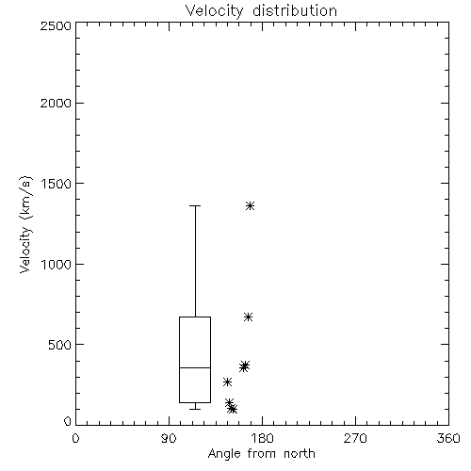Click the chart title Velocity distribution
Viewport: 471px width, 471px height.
261,10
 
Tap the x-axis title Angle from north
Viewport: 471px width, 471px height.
261,454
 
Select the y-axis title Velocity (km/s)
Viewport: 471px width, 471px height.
25,225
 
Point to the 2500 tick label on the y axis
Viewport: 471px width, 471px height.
56,25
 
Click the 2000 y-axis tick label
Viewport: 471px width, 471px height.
56,103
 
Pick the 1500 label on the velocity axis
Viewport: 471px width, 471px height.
57,184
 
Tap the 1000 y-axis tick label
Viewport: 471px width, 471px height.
57,265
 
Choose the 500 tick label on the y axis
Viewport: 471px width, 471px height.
60,345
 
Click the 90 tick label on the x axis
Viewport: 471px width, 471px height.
169,438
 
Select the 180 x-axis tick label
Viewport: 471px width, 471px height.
262,438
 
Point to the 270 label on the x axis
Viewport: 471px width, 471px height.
355,438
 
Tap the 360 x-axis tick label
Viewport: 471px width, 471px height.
448,438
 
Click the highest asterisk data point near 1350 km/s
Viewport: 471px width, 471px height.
250,206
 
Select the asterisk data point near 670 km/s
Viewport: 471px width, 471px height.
248,317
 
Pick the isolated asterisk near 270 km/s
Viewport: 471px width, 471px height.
227,382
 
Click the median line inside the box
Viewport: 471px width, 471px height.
195,367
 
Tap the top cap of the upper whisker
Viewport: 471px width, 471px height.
195,206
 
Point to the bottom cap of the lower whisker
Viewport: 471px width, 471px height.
195,409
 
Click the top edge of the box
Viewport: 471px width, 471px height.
195,317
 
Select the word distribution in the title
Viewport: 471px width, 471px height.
295,10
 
